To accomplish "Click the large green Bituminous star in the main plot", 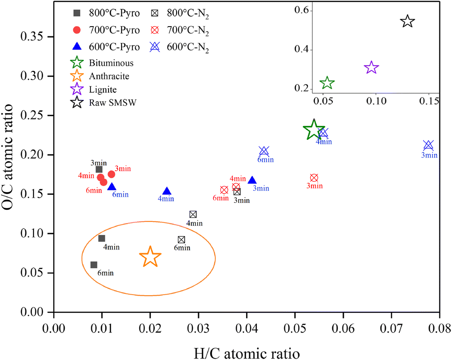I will pyautogui.click(x=314, y=131).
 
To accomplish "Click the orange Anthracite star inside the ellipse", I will pyautogui.click(x=150, y=257).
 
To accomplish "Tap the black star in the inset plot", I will pyautogui.click(x=407, y=21).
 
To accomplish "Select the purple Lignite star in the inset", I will pyautogui.click(x=371, y=68).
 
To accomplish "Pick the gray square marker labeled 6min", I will pyautogui.click(x=94, y=265).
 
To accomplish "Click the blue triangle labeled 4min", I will pyautogui.click(x=167, y=191).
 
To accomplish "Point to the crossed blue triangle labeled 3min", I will pyautogui.click(x=428, y=145).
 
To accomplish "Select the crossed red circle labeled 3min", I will pyautogui.click(x=314, y=178).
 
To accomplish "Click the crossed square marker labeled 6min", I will pyautogui.click(x=181, y=240).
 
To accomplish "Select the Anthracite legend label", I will pyautogui.click(x=109, y=76).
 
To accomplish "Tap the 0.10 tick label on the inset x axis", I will pyautogui.click(x=376, y=101).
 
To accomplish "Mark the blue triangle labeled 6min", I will pyautogui.click(x=112, y=187).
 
